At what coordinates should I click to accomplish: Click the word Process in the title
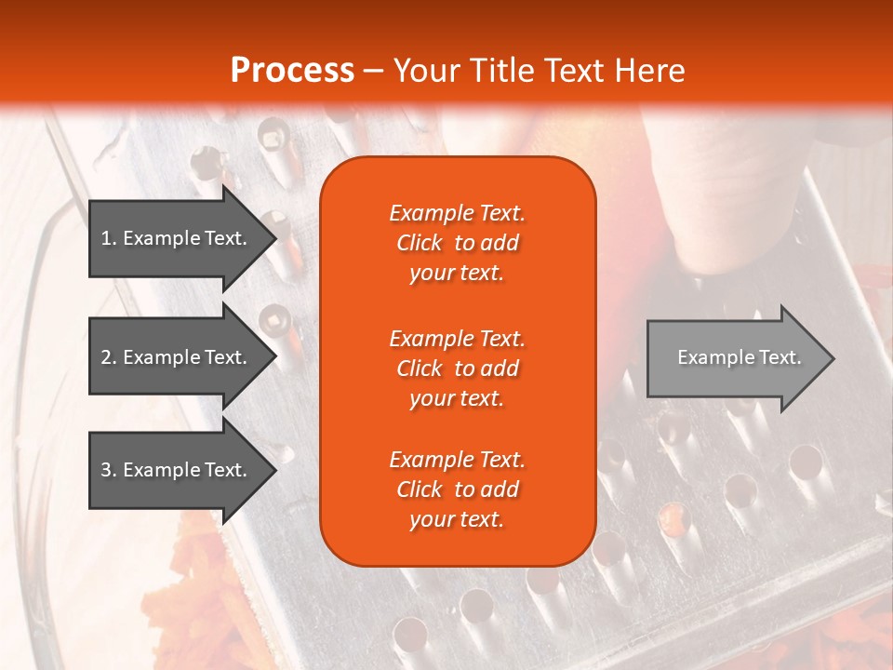[x=292, y=71]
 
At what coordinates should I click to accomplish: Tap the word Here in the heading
[x=649, y=71]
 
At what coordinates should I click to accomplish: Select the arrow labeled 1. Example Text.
[x=177, y=238]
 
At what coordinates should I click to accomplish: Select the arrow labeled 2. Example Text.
[x=177, y=357]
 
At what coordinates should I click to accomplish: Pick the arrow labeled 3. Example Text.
[x=177, y=470]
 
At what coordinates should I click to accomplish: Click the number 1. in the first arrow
[x=109, y=239]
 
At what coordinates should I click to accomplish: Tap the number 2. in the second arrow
[x=109, y=358]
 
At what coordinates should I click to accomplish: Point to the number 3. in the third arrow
[x=109, y=471]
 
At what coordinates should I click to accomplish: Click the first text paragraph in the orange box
[x=457, y=243]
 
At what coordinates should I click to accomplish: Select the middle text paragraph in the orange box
[x=457, y=368]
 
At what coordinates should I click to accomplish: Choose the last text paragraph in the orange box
[x=457, y=489]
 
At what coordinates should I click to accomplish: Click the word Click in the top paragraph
[x=420, y=244]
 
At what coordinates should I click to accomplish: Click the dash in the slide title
[x=373, y=72]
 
